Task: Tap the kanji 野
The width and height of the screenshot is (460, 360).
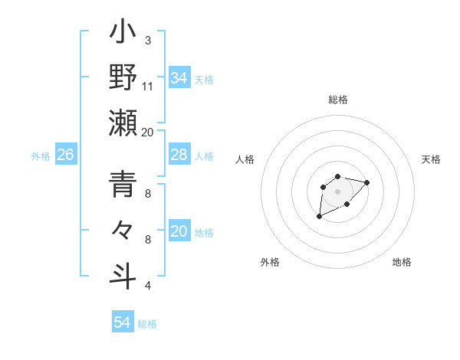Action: click(x=123, y=80)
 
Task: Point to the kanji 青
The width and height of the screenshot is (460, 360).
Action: click(x=123, y=186)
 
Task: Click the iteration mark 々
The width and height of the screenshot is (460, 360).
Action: click(x=123, y=231)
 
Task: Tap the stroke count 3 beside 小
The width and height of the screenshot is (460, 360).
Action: click(x=147, y=40)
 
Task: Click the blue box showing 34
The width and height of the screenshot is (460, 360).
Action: click(x=179, y=78)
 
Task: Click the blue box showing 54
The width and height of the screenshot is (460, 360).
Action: click(x=122, y=322)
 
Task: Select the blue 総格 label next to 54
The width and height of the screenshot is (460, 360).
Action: click(x=147, y=324)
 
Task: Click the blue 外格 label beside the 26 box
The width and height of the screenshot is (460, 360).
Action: click(x=41, y=156)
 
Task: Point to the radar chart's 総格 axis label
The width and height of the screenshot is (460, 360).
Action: click(x=338, y=100)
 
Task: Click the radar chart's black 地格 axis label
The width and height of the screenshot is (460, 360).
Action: click(x=402, y=262)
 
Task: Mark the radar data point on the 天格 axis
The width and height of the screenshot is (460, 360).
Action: click(x=366, y=182)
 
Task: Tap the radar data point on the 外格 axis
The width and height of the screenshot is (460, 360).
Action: click(x=319, y=217)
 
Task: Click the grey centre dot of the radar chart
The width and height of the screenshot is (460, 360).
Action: click(x=337, y=191)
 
